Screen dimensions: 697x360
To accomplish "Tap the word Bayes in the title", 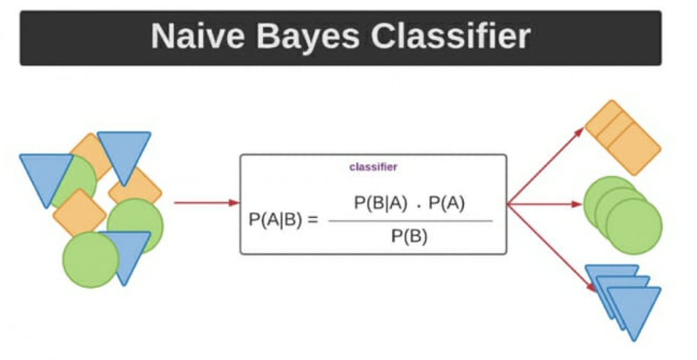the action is [x=308, y=37].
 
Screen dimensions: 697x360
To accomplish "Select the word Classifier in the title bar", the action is [x=450, y=37].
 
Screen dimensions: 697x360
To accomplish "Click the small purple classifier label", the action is [x=373, y=167].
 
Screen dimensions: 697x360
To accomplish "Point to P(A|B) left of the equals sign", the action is [x=275, y=220].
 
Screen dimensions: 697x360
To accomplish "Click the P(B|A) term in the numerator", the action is [x=378, y=203].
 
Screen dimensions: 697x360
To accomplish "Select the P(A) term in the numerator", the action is [x=447, y=203].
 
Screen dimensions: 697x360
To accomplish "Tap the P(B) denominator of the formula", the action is [x=410, y=236].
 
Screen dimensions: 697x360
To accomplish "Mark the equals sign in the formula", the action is [x=312, y=220].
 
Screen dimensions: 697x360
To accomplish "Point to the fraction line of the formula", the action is [x=410, y=221].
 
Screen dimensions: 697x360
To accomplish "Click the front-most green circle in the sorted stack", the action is [x=633, y=226].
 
